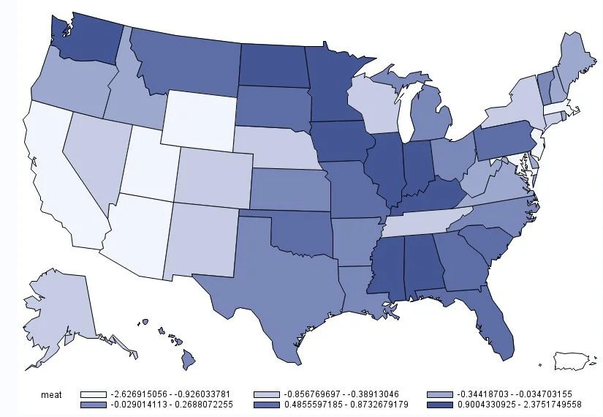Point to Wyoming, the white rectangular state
[x=199, y=119]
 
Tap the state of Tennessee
[x=424, y=219]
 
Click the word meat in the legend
[x=49, y=394]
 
